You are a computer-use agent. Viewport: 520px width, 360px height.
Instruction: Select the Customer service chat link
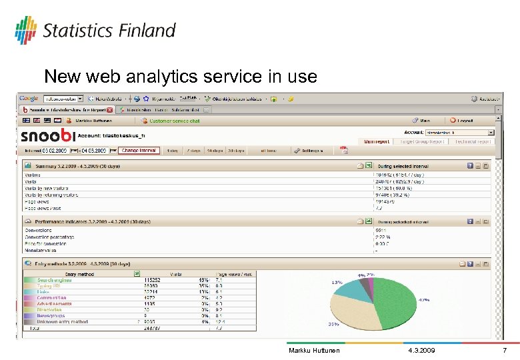pos(175,121)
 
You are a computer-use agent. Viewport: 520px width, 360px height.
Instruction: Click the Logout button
pos(465,121)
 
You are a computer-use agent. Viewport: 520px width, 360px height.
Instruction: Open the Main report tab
pos(377,141)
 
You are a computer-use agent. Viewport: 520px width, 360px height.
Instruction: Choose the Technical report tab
pos(473,141)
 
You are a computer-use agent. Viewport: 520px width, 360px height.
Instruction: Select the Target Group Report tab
pos(423,141)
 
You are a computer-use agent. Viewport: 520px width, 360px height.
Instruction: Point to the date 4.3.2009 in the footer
pos(421,351)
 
